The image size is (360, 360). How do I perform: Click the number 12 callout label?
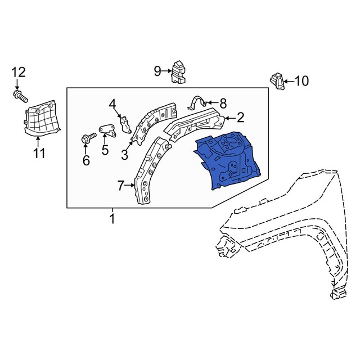coord(19,72)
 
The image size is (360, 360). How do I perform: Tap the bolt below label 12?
coord(20,97)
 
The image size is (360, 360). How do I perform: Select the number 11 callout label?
coord(38,152)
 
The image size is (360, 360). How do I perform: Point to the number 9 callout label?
coord(157,71)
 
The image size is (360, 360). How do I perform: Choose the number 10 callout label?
coord(301,82)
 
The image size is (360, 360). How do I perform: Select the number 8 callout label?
coord(223,103)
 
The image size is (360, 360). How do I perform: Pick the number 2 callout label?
coord(240,118)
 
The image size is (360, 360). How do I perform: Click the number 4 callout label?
coord(112,104)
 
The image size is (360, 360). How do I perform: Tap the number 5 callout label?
coord(105,150)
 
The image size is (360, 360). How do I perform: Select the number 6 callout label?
coord(86,161)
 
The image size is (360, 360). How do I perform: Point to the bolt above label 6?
coord(87,138)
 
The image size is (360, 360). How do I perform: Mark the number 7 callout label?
coord(120,185)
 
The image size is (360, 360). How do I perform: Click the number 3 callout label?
coord(124,154)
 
